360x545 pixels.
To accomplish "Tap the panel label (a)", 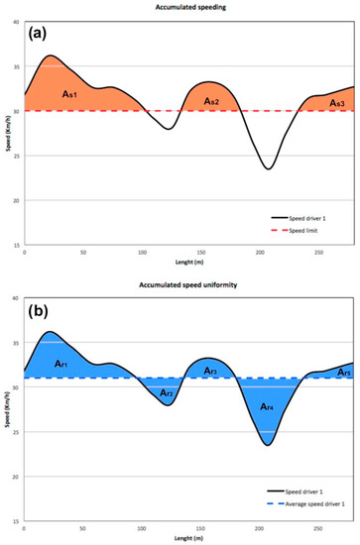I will pyautogui.click(x=44, y=33).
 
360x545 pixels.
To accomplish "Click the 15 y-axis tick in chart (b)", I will pyautogui.click(x=16, y=520).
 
